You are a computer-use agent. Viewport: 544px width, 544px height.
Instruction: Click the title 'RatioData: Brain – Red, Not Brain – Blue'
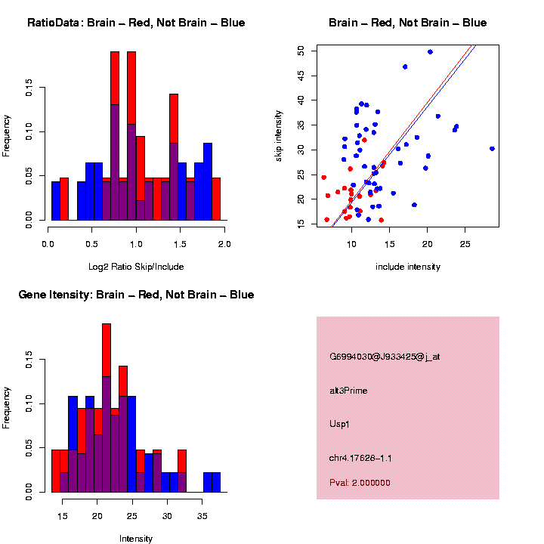click(136, 23)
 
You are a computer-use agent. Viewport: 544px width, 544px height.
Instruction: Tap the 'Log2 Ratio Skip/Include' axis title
click(136, 267)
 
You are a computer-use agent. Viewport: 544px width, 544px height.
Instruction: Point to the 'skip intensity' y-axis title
click(279, 137)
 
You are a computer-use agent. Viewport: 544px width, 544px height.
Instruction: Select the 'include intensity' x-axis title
click(408, 267)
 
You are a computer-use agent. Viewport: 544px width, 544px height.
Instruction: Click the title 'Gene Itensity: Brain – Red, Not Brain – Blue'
click(136, 295)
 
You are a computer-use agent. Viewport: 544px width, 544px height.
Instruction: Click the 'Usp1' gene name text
click(340, 424)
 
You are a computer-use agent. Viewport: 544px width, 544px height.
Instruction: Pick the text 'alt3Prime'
click(348, 391)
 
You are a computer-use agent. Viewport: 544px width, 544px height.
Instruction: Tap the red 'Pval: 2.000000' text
click(360, 482)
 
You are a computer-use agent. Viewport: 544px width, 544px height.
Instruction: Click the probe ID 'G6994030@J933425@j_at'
click(384, 357)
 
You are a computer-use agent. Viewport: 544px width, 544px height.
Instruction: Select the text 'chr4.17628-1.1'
click(360, 458)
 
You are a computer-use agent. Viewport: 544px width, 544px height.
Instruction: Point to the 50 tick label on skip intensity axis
click(301, 51)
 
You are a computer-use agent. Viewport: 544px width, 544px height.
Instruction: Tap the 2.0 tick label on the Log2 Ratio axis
click(224, 244)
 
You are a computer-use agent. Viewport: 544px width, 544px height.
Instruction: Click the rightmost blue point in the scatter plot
click(492, 149)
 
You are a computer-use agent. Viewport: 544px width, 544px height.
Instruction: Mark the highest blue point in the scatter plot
click(430, 52)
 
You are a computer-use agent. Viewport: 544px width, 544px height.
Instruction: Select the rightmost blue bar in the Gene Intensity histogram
click(216, 482)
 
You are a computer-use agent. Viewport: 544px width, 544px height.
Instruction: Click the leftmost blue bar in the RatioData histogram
click(56, 200)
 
